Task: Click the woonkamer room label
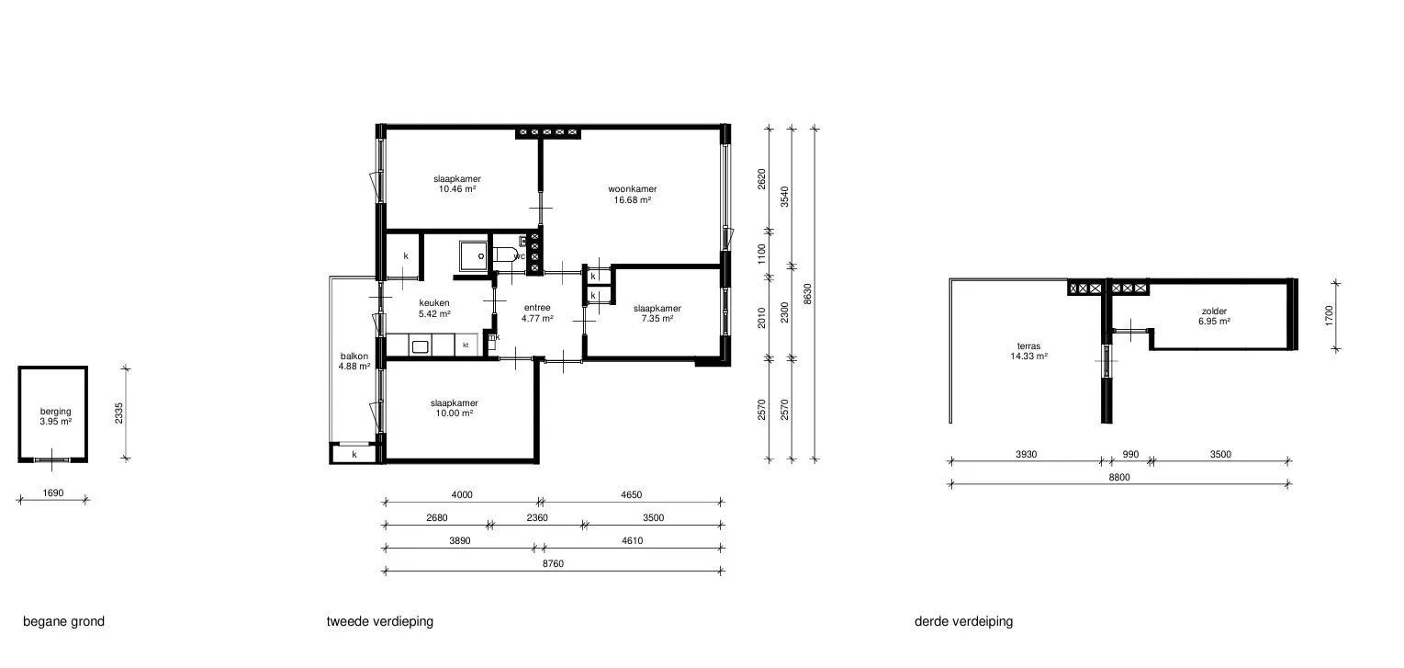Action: [633, 188]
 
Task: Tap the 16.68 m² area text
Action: [633, 200]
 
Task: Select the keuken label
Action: [434, 303]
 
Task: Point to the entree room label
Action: [537, 307]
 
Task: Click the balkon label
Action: [354, 357]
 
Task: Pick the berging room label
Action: [56, 412]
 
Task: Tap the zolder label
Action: [1214, 311]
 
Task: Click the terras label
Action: [1028, 346]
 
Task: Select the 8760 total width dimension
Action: [553, 564]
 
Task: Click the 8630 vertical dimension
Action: [807, 294]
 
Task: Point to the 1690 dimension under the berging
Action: [53, 493]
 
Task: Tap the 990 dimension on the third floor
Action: [1130, 455]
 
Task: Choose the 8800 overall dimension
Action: [1119, 477]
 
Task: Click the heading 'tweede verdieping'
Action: [380, 621]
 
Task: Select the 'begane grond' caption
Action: [64, 621]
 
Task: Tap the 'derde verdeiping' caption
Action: [964, 621]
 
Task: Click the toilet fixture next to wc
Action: [505, 256]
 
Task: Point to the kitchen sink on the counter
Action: [420, 346]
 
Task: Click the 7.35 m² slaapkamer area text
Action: [657, 319]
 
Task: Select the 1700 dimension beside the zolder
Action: [1329, 315]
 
